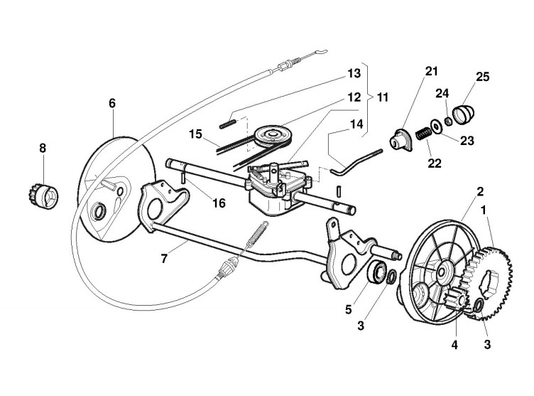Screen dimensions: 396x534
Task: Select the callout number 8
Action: point(43,149)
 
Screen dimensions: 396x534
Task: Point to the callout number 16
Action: point(219,203)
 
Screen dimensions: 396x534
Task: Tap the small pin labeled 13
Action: point(227,122)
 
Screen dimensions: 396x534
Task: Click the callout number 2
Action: point(480,191)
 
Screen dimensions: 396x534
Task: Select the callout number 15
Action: point(196,133)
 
